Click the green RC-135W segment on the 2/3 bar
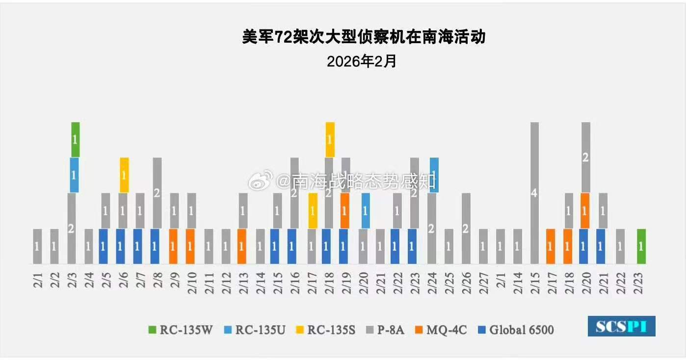(x=75, y=139)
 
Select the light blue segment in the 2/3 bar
(x=75, y=175)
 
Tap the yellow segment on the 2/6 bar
(x=125, y=175)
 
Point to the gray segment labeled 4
(x=534, y=193)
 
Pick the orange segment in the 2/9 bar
(x=173, y=246)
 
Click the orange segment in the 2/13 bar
(x=241, y=246)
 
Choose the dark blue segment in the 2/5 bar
(x=103, y=246)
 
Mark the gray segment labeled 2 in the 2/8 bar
(x=157, y=193)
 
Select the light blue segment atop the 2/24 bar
(x=434, y=175)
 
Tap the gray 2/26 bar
(x=465, y=229)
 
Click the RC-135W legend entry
(x=181, y=330)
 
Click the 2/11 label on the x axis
(x=209, y=281)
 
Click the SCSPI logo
(x=621, y=326)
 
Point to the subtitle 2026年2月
(x=362, y=61)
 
